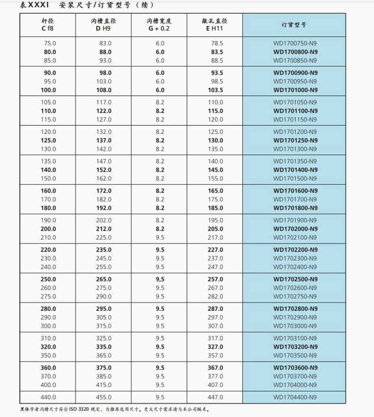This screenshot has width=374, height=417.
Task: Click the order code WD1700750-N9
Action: click(295, 43)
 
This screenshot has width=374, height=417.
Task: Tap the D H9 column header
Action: click(103, 29)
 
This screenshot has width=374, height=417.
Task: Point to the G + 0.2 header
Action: click(159, 29)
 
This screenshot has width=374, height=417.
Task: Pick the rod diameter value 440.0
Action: click(49, 397)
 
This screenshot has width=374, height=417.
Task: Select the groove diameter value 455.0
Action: click(104, 397)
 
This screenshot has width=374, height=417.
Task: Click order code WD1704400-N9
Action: click(295, 397)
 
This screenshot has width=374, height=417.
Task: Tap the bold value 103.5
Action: click(215, 90)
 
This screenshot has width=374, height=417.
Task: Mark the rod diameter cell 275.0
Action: click(49, 297)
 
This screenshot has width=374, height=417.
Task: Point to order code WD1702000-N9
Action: click(295, 229)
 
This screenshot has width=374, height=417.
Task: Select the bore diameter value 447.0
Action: click(215, 397)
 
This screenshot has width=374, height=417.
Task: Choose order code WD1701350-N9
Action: click(295, 161)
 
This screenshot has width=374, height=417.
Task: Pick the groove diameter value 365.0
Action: click(104, 355)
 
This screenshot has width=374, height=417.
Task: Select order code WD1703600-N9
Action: click(295, 368)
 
